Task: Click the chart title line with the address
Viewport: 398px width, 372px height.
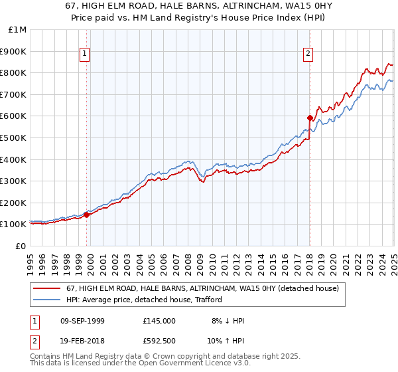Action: click(198, 7)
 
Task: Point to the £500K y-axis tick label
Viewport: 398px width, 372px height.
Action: click(14, 138)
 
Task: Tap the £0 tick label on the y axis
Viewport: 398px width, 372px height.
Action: click(21, 246)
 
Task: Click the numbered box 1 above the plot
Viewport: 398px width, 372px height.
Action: click(86, 55)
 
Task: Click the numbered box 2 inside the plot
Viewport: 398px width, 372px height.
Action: click(308, 55)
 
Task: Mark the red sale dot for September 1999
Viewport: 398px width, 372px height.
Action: click(86, 215)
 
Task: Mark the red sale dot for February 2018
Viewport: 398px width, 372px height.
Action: click(310, 118)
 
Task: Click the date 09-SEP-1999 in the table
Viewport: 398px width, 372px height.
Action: click(82, 321)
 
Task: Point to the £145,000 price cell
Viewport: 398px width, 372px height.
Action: click(159, 321)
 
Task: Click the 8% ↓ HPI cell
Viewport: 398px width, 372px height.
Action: click(227, 321)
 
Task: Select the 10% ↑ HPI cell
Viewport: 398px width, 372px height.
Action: click(227, 342)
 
